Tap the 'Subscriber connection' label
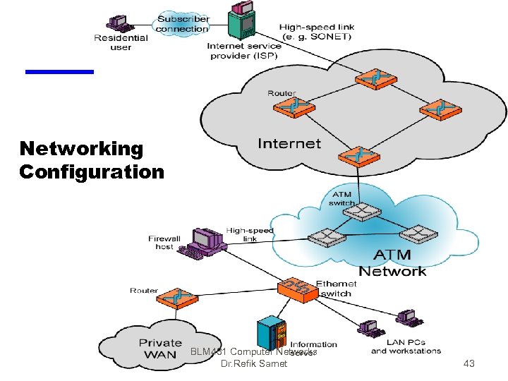[183, 24]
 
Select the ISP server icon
[242, 22]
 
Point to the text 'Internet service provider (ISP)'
[244, 51]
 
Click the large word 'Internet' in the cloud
[289, 144]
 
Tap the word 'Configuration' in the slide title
[92, 171]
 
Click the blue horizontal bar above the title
[59, 71]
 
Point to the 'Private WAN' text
[160, 349]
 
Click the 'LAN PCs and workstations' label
[406, 346]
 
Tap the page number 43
[469, 364]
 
